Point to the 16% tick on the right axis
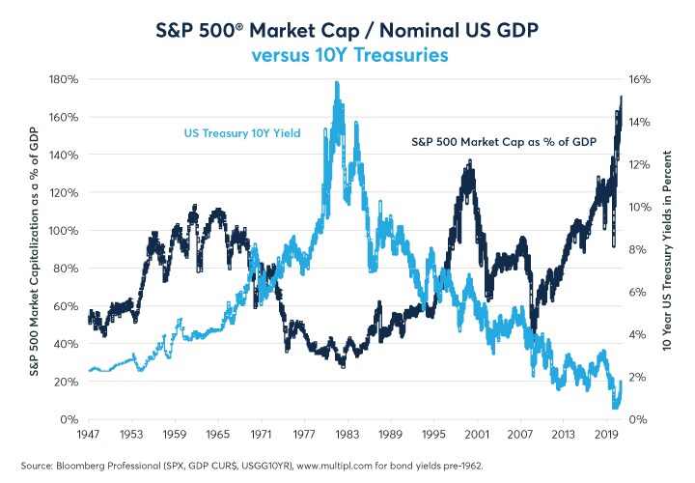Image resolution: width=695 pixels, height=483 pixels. [x=640, y=79]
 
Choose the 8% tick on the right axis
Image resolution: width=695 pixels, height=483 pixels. [x=637, y=249]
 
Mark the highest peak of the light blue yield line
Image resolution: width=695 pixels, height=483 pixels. [x=336, y=83]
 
